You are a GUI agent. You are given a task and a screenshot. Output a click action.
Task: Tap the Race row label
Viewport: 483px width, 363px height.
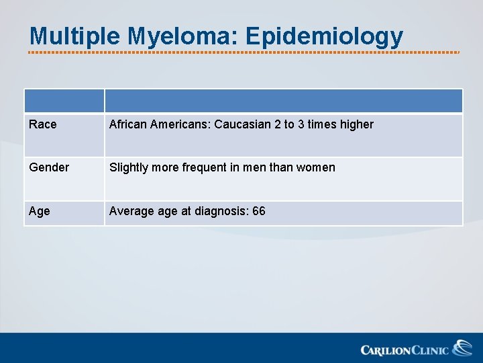43,124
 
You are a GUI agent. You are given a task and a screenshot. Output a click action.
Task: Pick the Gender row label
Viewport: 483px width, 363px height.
49,167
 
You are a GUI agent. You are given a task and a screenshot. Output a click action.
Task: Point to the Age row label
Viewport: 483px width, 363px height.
40,211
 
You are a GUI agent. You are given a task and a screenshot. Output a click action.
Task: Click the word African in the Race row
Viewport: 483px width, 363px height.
128,124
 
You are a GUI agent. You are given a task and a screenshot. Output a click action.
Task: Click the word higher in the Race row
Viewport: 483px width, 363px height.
356,124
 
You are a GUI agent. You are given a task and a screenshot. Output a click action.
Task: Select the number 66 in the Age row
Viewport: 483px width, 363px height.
259,211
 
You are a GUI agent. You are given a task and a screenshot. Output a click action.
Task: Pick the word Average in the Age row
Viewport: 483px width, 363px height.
129,211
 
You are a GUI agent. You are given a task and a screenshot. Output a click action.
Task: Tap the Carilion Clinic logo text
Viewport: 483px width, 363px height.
405,350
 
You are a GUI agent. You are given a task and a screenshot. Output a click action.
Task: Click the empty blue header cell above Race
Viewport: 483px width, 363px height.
64,102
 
